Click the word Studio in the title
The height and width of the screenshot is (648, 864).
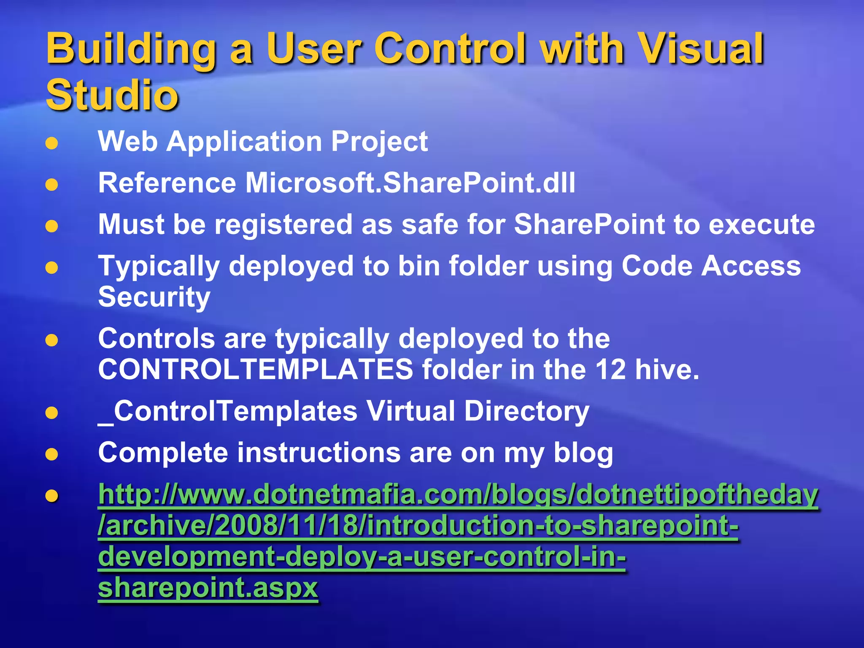coord(112,94)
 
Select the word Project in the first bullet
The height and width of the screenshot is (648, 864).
coord(379,142)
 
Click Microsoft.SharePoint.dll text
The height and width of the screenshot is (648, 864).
coord(410,183)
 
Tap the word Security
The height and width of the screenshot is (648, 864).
coord(154,297)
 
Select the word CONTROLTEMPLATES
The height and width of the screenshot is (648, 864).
coord(256,369)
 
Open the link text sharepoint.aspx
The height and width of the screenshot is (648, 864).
coord(208,587)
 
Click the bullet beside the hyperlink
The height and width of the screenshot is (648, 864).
coord(51,496)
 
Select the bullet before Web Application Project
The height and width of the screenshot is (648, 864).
coord(51,143)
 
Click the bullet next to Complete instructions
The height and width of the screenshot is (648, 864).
coord(51,454)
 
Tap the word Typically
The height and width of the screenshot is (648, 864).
coord(159,267)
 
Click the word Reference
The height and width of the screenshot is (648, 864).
coord(167,183)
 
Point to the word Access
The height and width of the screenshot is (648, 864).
coord(751,266)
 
